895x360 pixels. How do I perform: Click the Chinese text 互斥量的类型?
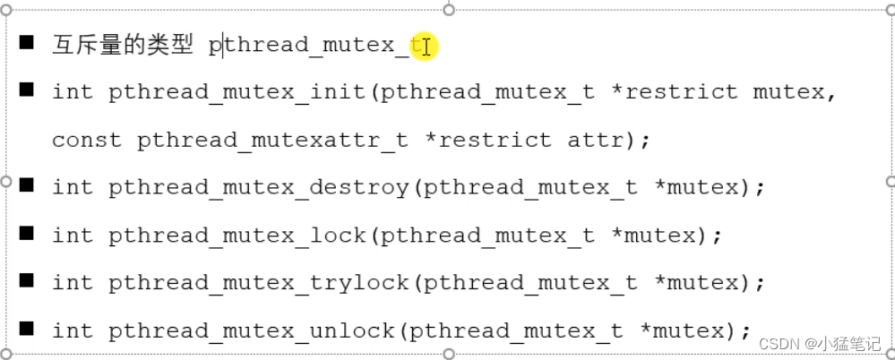click(123, 45)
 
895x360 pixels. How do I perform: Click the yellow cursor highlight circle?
click(423, 46)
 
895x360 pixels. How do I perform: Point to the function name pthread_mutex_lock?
click(237, 236)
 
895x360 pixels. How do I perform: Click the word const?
click(87, 140)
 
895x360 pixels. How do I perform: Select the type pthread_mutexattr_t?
click(272, 140)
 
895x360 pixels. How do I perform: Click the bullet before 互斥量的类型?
click(27, 42)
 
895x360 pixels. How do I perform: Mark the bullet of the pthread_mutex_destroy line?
click(27, 185)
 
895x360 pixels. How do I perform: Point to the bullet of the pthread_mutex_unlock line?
click(27, 328)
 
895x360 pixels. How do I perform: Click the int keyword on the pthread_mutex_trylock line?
click(72, 283)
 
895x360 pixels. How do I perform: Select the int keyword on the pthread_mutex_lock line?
click(72, 236)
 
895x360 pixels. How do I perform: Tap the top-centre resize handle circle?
click(449, 9)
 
